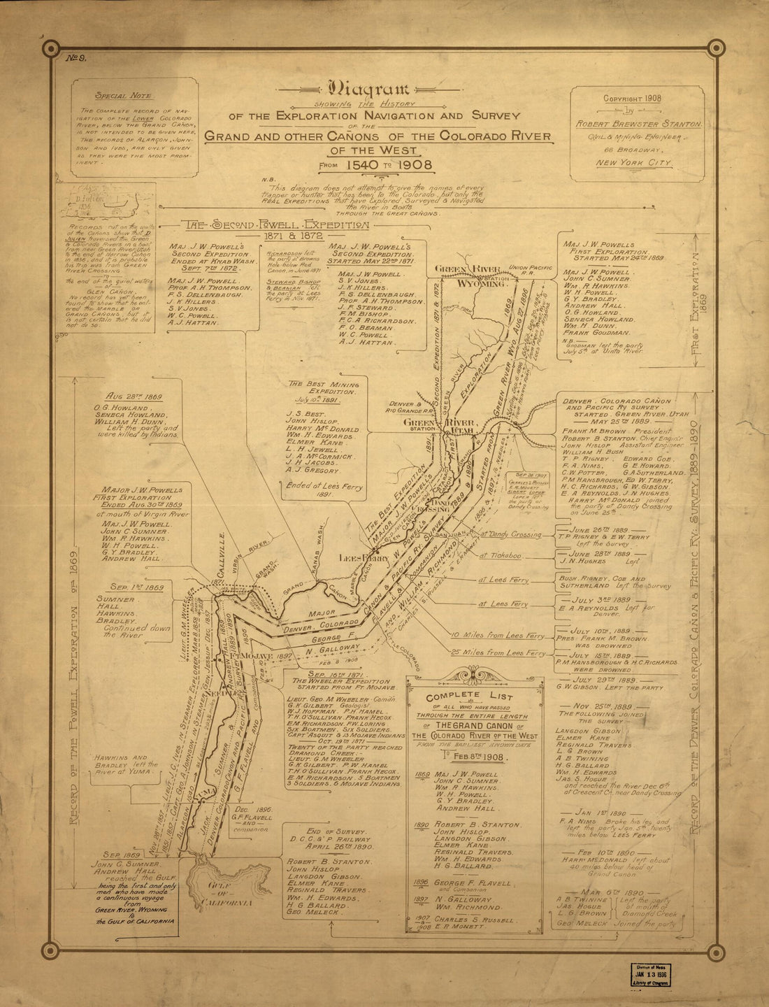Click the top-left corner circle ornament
(50, 48)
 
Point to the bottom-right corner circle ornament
(715, 950)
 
